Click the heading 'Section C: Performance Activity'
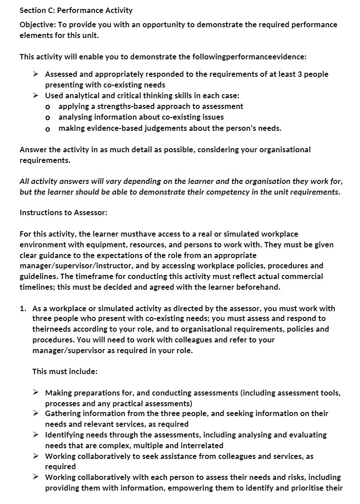click(76, 10)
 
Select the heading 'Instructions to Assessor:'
click(63, 212)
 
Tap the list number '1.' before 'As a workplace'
click(23, 308)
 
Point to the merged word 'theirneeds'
click(50, 329)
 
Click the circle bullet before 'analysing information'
click(48, 117)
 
